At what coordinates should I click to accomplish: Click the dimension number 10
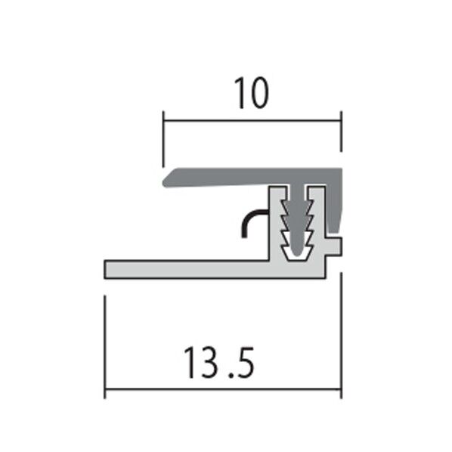[252, 93]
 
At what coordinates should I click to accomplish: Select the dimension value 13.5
[219, 363]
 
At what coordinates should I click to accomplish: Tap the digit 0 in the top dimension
[259, 93]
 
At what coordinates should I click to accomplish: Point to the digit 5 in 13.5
[244, 363]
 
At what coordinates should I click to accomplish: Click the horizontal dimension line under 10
[252, 120]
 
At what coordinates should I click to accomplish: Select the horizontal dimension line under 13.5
[223, 389]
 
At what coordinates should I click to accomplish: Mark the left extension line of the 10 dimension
[163, 139]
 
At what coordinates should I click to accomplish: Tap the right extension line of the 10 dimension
[342, 132]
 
